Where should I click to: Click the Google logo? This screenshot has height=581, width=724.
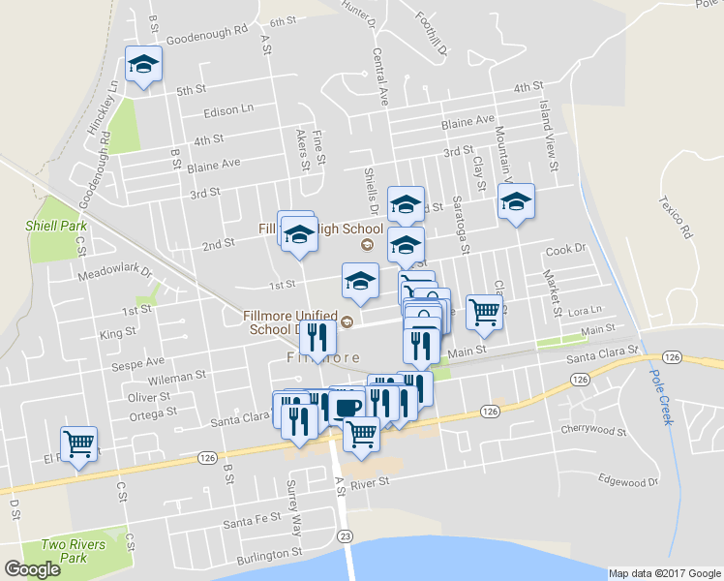(33, 569)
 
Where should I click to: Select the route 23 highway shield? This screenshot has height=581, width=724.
(345, 535)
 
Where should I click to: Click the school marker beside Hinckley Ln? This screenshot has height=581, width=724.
(143, 66)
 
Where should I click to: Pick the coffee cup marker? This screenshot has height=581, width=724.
(347, 406)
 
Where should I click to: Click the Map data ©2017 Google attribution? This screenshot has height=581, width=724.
(664, 573)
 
